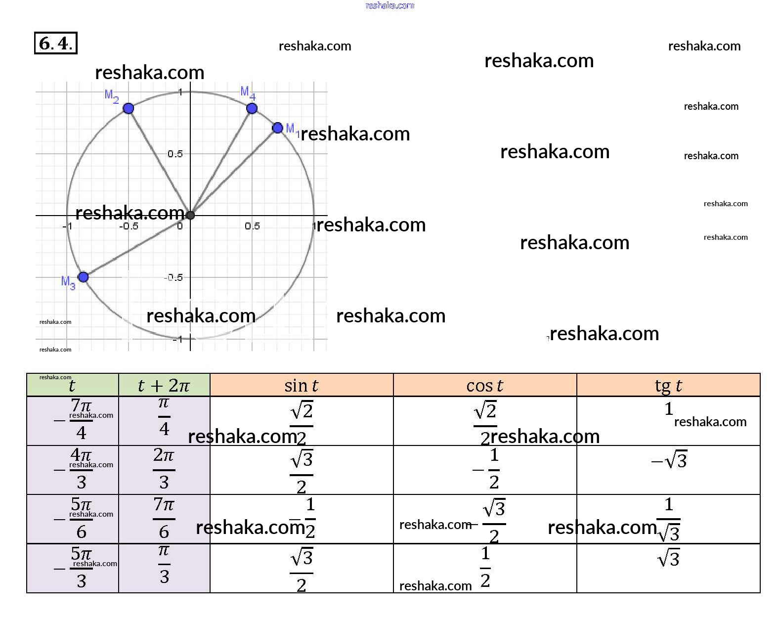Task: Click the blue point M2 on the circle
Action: click(x=129, y=108)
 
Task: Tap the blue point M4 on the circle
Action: click(x=252, y=109)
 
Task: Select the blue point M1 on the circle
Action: click(x=278, y=128)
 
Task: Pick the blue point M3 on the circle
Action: click(x=84, y=277)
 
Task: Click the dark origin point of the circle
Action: click(x=190, y=215)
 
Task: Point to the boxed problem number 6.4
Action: click(x=56, y=43)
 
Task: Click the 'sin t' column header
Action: click(x=302, y=385)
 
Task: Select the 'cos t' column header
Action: click(x=484, y=385)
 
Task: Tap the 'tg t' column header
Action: click(x=668, y=385)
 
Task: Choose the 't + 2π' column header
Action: click(x=164, y=385)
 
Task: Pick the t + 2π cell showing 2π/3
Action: click(x=164, y=469)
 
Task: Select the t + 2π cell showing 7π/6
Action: click(x=164, y=518)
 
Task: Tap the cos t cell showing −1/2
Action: click(x=487, y=469)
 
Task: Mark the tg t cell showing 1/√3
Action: click(x=669, y=519)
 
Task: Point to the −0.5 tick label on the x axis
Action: click(x=129, y=226)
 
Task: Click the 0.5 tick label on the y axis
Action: click(x=175, y=154)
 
